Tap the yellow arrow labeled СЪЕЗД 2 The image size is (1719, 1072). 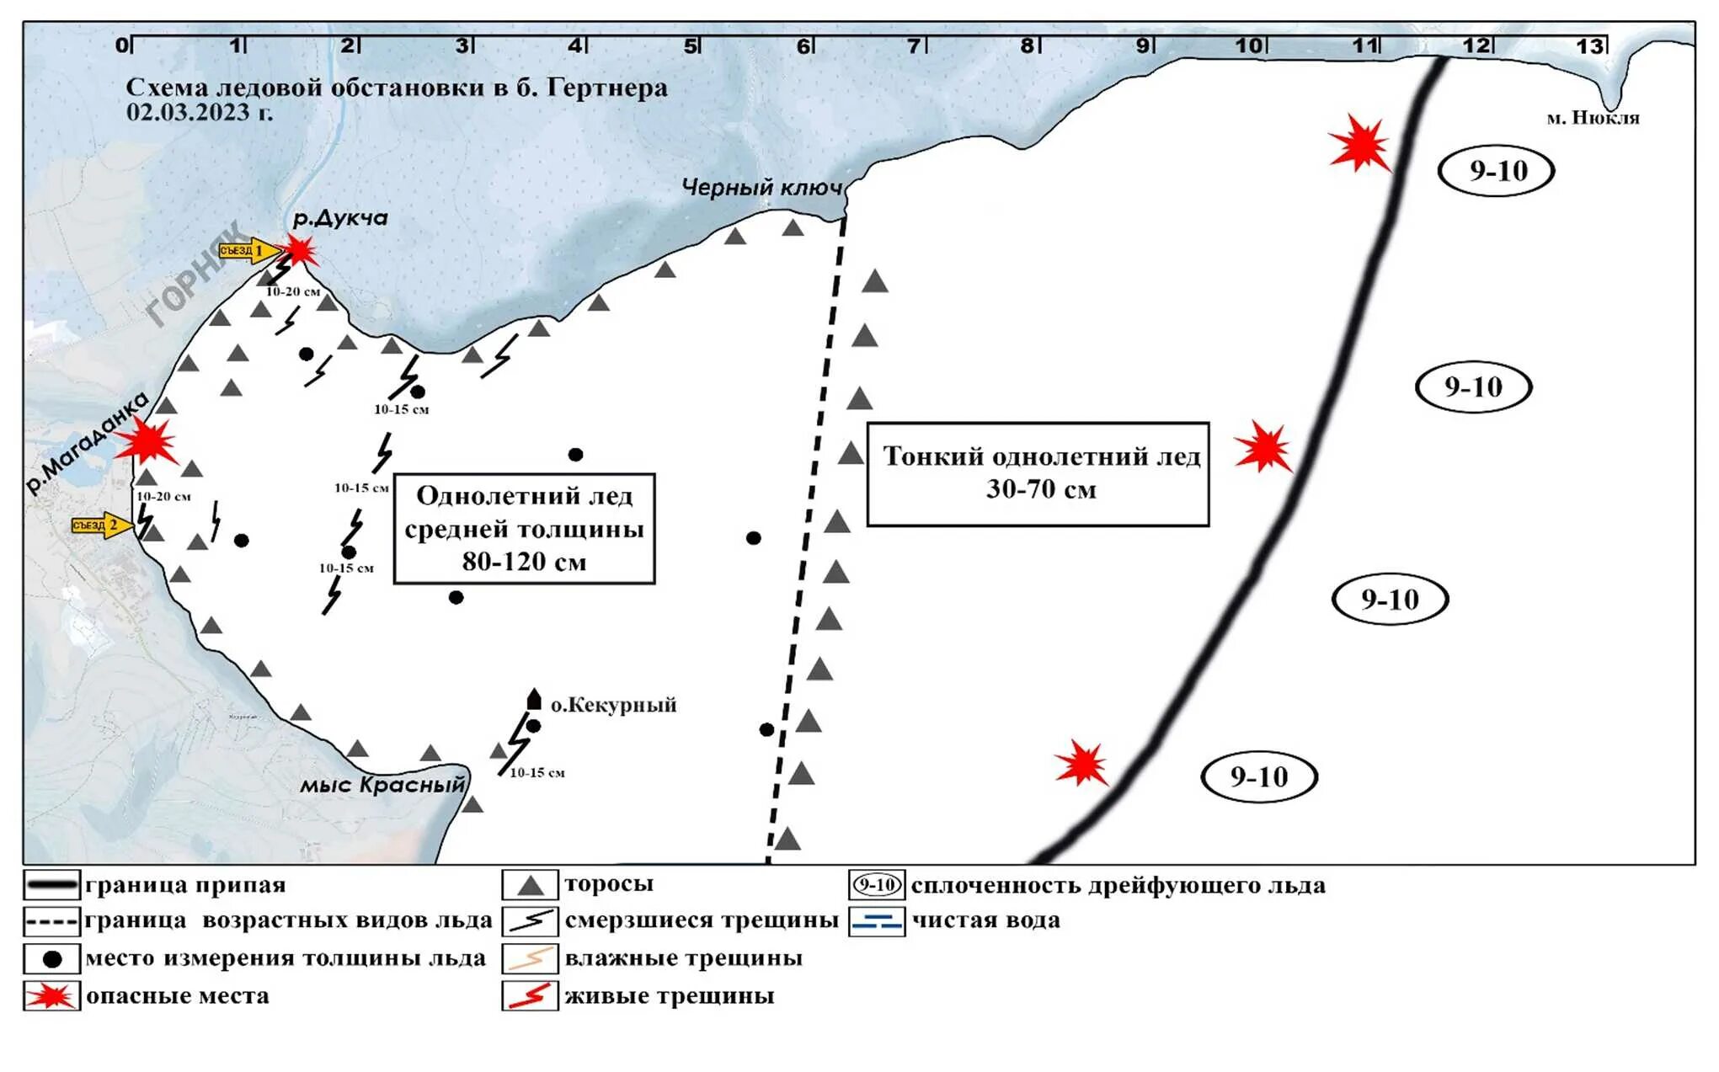click(x=101, y=525)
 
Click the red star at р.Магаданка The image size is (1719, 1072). click(x=147, y=440)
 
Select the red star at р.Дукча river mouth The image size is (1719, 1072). click(x=299, y=250)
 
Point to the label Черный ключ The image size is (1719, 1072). click(x=761, y=187)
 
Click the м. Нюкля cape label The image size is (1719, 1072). click(x=1593, y=119)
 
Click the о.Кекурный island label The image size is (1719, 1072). click(x=613, y=705)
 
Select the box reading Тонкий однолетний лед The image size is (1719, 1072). click(x=1038, y=474)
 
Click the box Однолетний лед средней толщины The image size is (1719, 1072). click(x=524, y=529)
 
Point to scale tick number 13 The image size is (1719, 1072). click(x=1590, y=45)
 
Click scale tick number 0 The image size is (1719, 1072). click(x=123, y=45)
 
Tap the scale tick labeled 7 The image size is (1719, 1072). click(x=914, y=45)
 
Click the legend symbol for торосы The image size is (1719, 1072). click(x=530, y=885)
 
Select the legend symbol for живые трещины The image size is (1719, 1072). click(x=530, y=996)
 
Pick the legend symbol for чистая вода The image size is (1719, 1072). click(x=877, y=921)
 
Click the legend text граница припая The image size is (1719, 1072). click(x=185, y=885)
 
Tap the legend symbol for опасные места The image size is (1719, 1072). click(x=51, y=996)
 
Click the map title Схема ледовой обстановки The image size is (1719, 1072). click(x=396, y=88)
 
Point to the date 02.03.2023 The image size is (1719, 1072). click(x=200, y=112)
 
